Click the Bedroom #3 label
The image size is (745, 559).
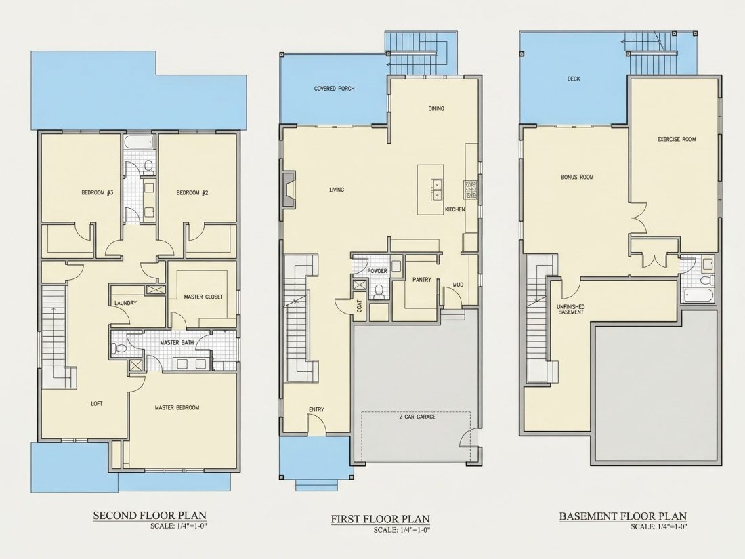[97, 192]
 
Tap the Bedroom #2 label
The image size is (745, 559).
[192, 192]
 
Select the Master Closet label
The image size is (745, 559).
[203, 297]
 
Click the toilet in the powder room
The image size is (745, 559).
[379, 291]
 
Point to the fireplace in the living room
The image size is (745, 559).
[289, 190]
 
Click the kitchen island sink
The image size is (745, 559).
[435, 189]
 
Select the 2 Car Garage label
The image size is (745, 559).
[417, 417]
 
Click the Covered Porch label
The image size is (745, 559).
[334, 88]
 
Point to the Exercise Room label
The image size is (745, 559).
[677, 140]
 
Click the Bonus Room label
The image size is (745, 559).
[577, 178]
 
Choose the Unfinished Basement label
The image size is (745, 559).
[571, 310]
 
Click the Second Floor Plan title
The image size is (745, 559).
[150, 515]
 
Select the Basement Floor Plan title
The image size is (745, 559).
[623, 516]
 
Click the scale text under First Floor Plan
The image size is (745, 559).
[402, 531]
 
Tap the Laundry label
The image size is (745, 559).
[125, 303]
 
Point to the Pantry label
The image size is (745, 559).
[422, 280]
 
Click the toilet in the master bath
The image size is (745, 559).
[119, 348]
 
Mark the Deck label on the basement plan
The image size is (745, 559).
[574, 79]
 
